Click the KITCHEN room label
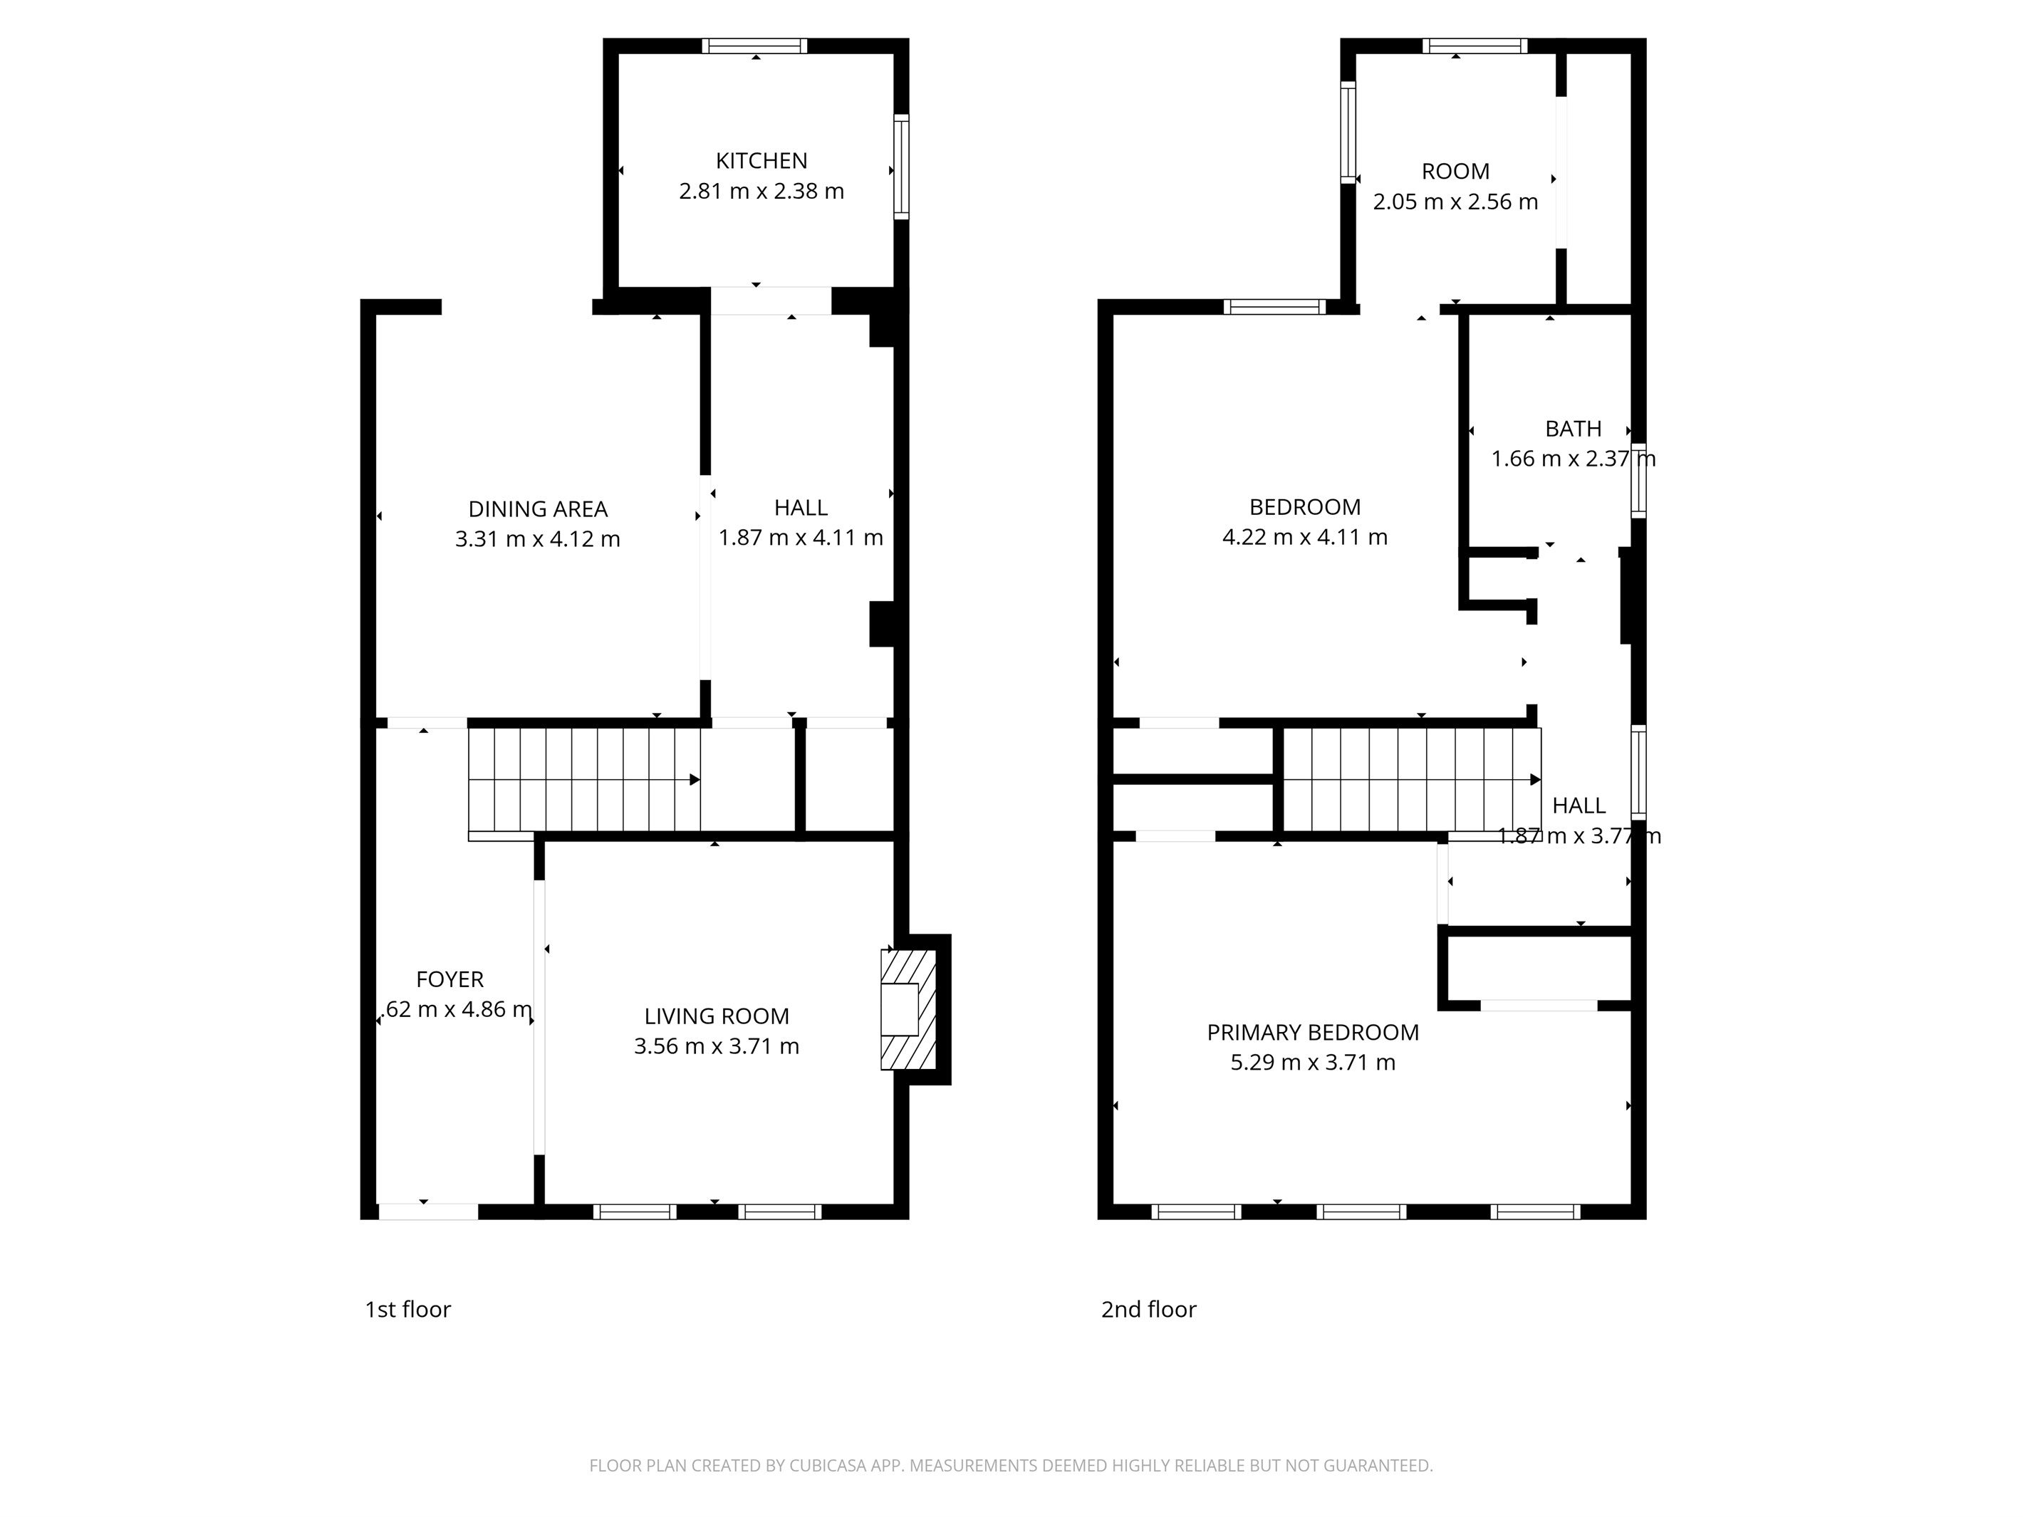pyautogui.click(x=761, y=161)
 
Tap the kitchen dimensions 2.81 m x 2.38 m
pyautogui.click(x=761, y=191)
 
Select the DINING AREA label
pyautogui.click(x=538, y=509)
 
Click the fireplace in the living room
pyautogui.click(x=908, y=1009)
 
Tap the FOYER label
pyautogui.click(x=449, y=979)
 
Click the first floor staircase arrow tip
pyautogui.click(x=696, y=779)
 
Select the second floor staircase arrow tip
pyautogui.click(x=1536, y=780)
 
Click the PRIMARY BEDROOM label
pyautogui.click(x=1312, y=1033)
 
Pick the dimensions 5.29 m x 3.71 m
pyautogui.click(x=1312, y=1063)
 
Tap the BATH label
pyautogui.click(x=1573, y=429)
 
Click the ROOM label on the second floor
pyautogui.click(x=1455, y=171)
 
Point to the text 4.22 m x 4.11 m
pyautogui.click(x=1304, y=537)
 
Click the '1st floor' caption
pyautogui.click(x=408, y=1310)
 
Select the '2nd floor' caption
pyautogui.click(x=1149, y=1310)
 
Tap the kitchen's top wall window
pyautogui.click(x=754, y=46)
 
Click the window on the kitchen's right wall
pyautogui.click(x=901, y=167)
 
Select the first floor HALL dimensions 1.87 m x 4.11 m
pyautogui.click(x=800, y=538)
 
